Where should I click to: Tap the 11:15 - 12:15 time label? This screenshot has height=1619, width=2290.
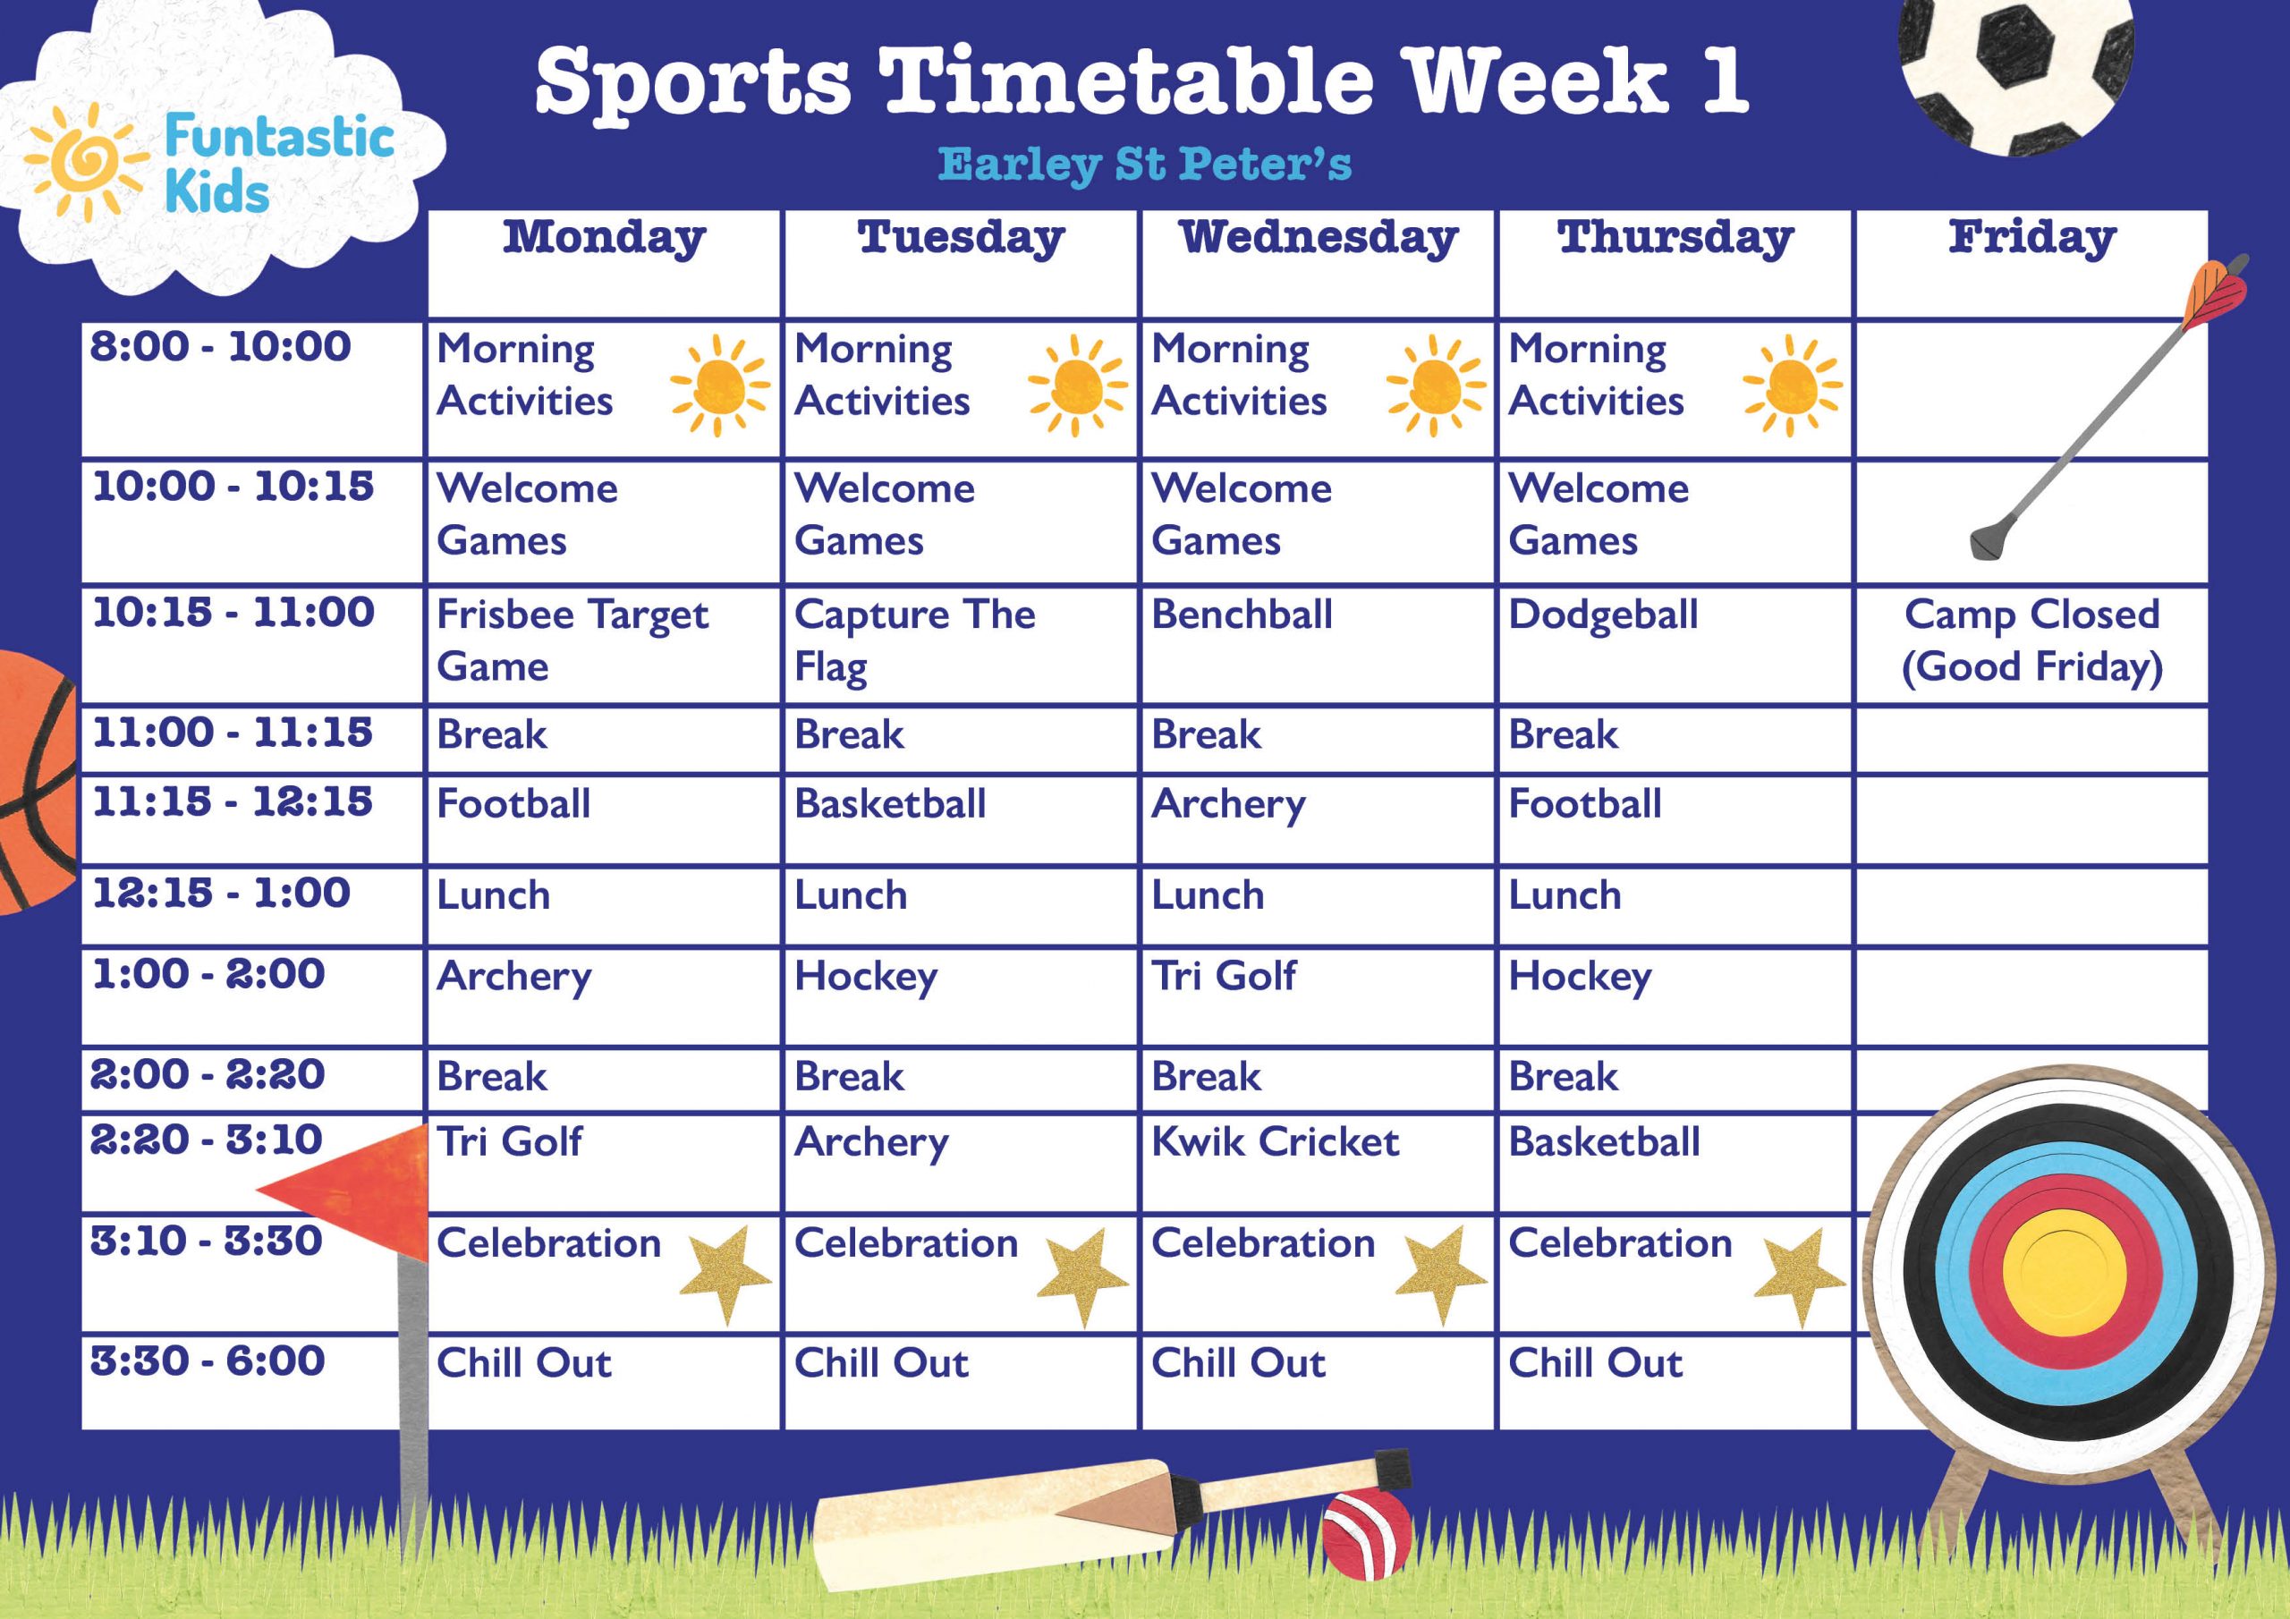tap(233, 801)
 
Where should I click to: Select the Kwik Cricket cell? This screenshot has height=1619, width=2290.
tap(1275, 1142)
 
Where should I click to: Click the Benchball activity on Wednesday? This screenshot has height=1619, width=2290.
tap(1242, 615)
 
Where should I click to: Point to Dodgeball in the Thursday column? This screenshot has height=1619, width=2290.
tap(1603, 615)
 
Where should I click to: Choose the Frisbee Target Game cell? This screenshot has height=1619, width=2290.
tap(572, 640)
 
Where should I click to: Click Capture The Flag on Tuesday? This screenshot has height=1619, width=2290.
tap(913, 640)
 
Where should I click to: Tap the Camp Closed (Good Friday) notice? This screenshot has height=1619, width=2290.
tap(2031, 640)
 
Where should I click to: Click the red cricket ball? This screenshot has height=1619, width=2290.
tap(1367, 1534)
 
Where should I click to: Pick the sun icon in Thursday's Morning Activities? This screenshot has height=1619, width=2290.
tap(1793, 385)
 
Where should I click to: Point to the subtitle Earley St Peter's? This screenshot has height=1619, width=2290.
tap(1145, 165)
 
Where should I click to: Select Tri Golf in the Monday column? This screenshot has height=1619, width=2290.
tap(509, 1142)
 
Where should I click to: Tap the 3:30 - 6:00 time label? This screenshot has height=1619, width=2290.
tap(208, 1360)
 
